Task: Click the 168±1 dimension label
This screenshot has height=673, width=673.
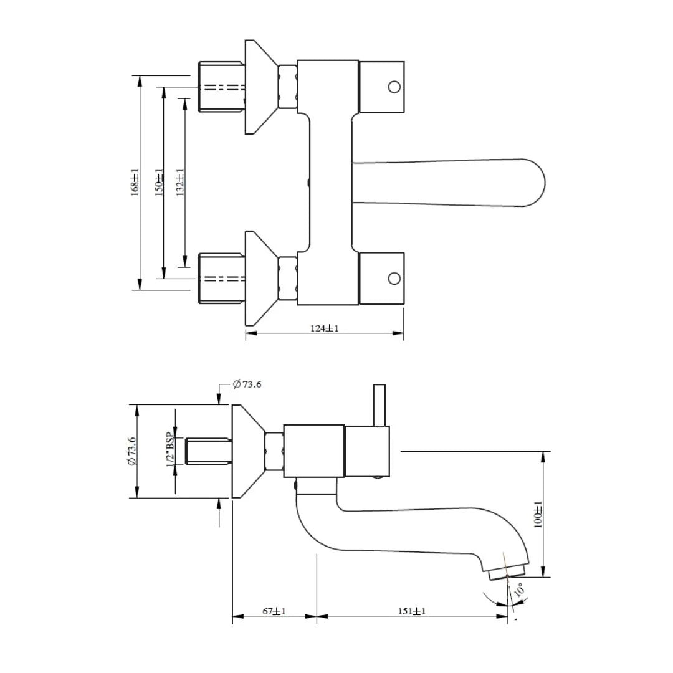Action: point(135,183)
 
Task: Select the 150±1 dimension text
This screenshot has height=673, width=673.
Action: point(159,183)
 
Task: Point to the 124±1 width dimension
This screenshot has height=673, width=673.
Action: point(325,328)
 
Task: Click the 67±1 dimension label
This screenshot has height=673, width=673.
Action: point(274,611)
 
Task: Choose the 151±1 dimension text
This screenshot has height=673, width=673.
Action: point(412,611)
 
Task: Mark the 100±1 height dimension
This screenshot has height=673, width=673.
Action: point(538,514)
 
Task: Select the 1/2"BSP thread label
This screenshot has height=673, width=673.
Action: point(169,450)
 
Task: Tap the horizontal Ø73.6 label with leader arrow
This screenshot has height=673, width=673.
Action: point(247,384)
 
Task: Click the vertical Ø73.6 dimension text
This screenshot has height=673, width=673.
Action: point(131,451)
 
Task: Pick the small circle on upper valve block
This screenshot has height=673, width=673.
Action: point(394,87)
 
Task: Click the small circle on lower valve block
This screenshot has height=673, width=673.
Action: point(394,278)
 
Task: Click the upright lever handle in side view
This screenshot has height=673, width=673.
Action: point(379,405)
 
